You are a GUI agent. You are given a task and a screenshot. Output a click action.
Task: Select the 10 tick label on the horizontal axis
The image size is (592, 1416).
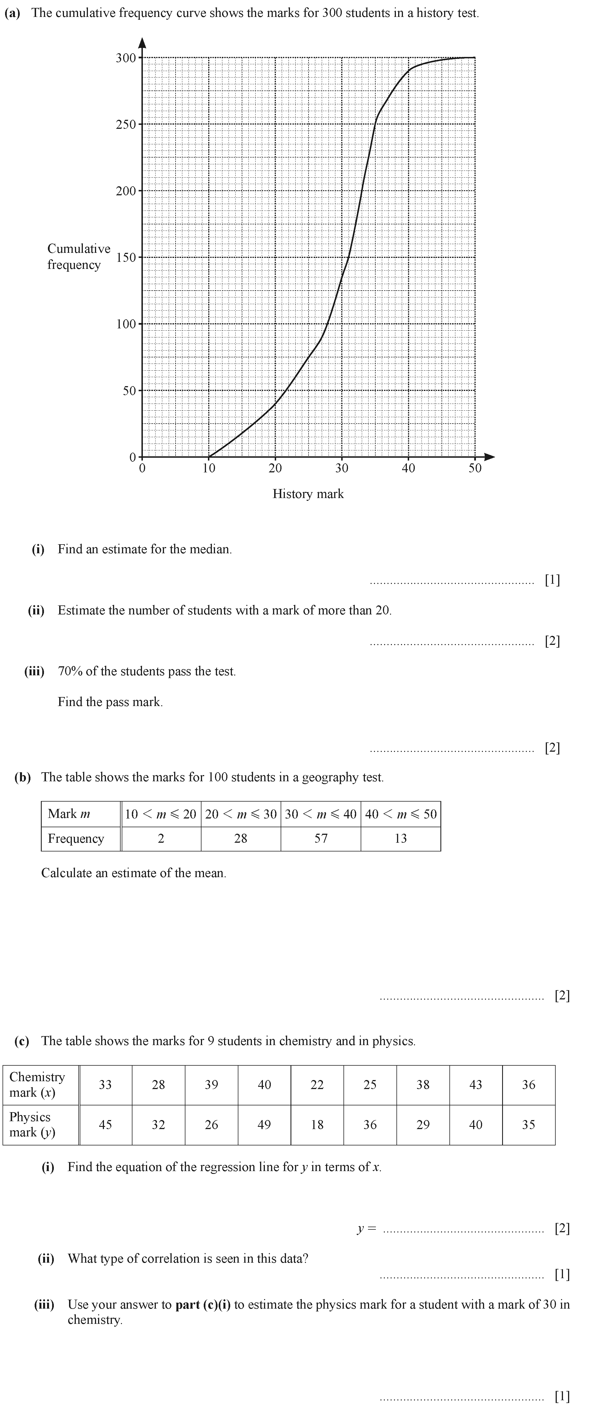tap(209, 468)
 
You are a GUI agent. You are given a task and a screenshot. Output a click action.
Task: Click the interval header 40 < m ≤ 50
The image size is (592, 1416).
tap(401, 814)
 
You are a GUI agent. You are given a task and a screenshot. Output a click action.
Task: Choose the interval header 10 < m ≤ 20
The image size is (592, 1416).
tap(161, 814)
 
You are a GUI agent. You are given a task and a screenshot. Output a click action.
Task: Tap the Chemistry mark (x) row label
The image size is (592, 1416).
tap(37, 1085)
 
